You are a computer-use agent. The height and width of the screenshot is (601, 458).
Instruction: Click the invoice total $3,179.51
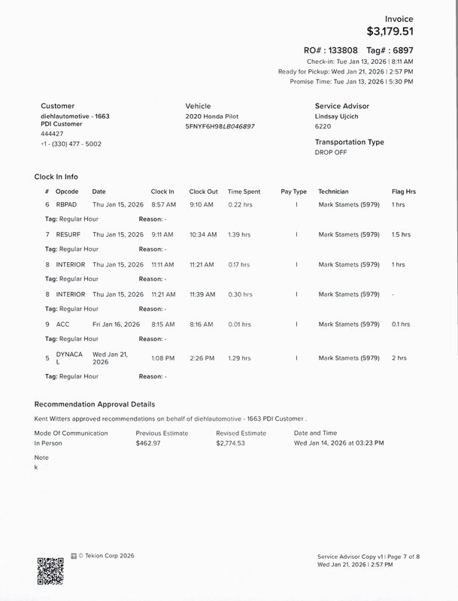(390, 32)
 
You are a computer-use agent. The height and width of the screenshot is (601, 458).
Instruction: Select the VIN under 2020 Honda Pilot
(220, 126)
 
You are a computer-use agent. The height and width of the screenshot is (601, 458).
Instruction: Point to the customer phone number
(71, 143)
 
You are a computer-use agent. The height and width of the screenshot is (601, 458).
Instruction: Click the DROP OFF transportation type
(332, 152)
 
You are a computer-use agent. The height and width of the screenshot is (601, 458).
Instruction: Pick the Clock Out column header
(203, 192)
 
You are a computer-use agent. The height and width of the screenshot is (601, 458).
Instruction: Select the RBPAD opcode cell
(66, 204)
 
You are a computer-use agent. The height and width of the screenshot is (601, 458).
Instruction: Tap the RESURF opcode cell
(68, 234)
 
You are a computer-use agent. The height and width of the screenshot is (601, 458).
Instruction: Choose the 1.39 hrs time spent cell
(239, 234)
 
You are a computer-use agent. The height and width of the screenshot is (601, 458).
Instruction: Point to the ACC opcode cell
(62, 325)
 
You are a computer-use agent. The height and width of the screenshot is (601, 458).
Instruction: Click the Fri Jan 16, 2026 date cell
(116, 325)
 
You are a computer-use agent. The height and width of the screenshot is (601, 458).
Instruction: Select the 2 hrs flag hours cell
(399, 358)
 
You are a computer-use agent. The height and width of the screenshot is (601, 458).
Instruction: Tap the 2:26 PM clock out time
(201, 358)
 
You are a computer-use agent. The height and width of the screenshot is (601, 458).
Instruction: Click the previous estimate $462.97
(148, 443)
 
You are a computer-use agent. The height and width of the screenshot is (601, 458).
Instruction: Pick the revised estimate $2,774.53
(230, 443)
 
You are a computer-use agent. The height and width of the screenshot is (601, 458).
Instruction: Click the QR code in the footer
(50, 571)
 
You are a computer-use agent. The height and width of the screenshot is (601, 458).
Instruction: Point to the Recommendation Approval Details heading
(95, 404)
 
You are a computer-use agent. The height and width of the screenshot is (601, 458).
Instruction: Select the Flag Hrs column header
(404, 192)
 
